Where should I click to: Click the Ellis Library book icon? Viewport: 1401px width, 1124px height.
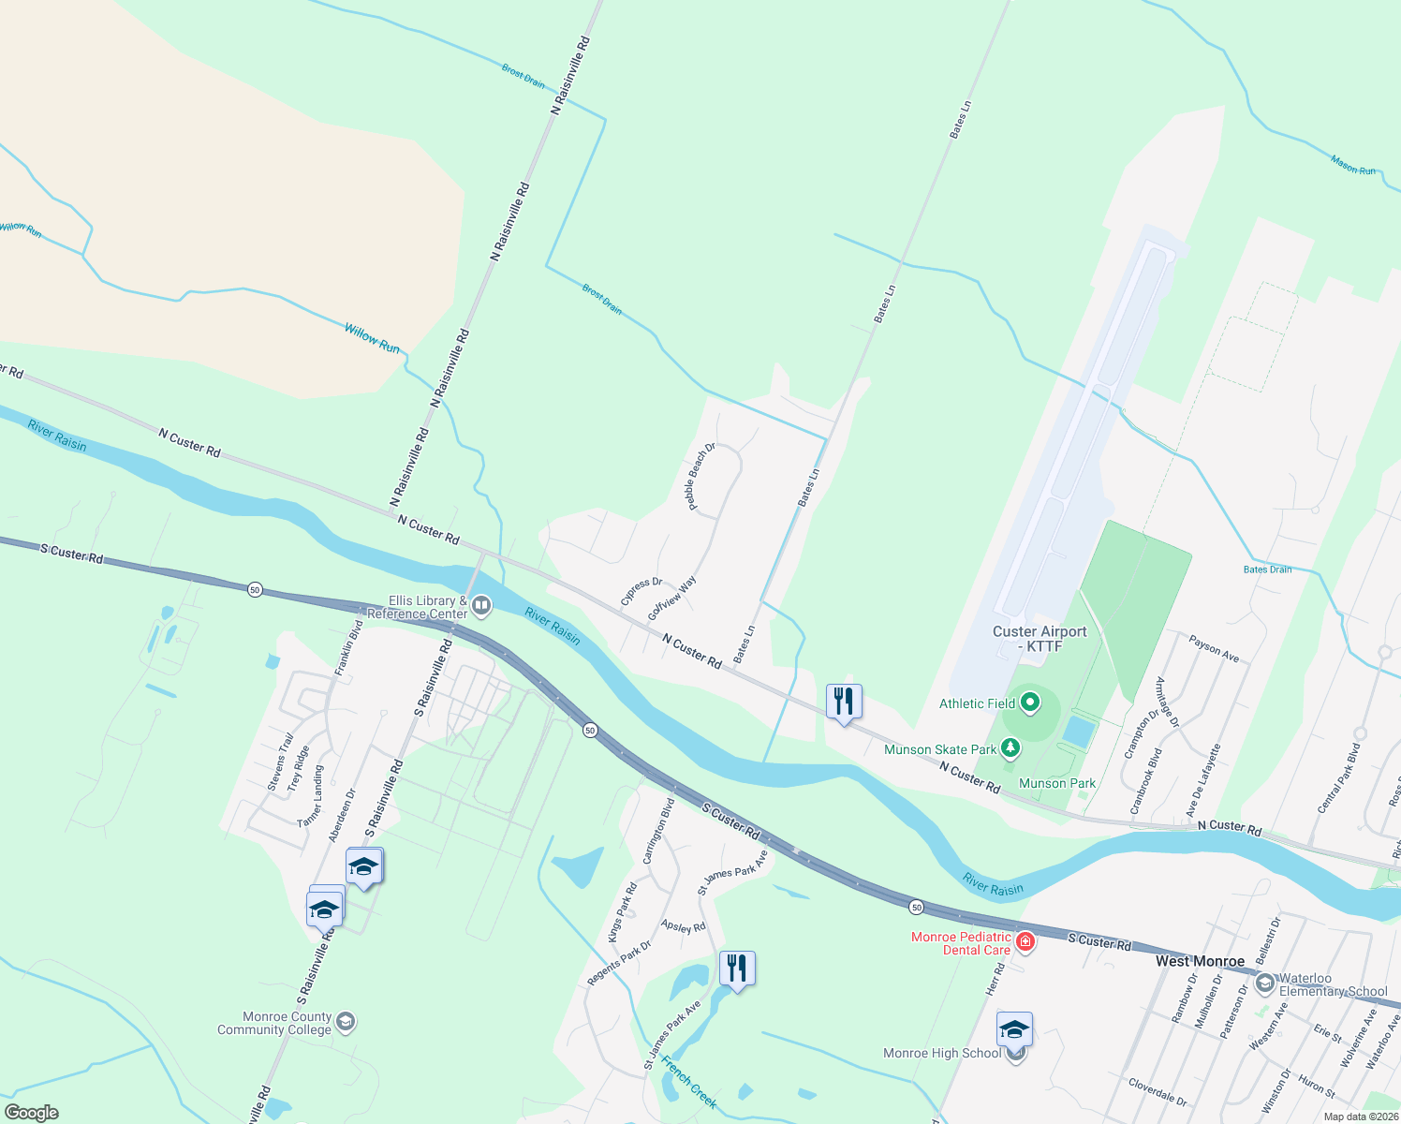click(x=482, y=606)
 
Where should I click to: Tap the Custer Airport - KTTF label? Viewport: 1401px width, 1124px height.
click(x=1040, y=639)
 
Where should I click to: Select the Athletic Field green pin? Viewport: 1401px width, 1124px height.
click(x=1030, y=702)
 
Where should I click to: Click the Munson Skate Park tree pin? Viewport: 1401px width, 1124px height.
click(x=1010, y=747)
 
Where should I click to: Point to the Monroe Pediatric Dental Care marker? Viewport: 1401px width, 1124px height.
click(x=1025, y=941)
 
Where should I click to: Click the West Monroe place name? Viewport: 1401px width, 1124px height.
click(x=1200, y=961)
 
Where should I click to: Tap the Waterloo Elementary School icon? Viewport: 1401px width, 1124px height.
click(x=1265, y=983)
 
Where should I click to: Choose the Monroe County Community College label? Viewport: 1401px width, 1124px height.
click(x=274, y=1023)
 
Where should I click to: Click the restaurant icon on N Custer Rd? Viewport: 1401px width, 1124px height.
click(x=844, y=702)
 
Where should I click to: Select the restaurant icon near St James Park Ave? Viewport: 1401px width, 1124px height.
click(x=737, y=969)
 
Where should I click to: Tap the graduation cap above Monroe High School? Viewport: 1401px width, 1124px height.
click(x=1014, y=1029)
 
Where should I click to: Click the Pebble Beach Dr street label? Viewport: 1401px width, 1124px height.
click(x=700, y=476)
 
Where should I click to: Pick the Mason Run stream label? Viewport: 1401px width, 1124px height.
click(x=1353, y=166)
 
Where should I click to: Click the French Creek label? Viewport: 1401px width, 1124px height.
click(x=689, y=1082)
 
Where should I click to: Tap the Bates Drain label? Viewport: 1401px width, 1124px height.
click(x=1267, y=569)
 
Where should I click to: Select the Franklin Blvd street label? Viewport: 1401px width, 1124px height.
click(x=349, y=647)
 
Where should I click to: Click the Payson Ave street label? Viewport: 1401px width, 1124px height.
click(x=1214, y=649)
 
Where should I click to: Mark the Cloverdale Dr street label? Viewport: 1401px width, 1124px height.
click(x=1158, y=1092)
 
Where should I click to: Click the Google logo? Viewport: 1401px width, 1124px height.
click(x=32, y=1113)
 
